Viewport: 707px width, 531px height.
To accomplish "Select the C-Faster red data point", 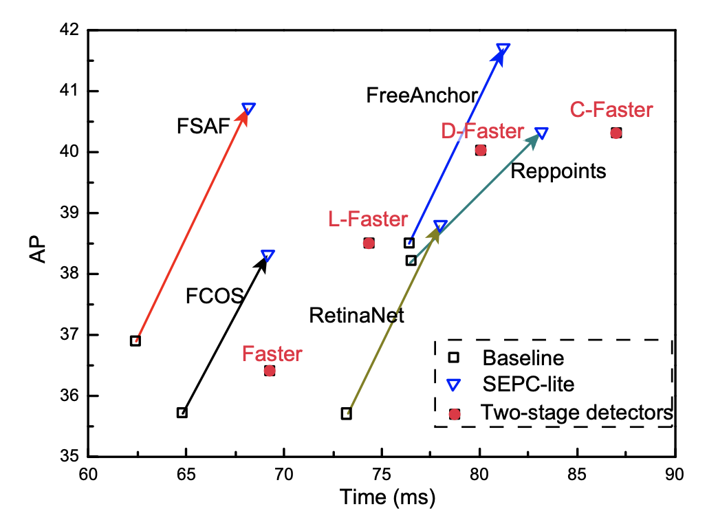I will click(x=616, y=133).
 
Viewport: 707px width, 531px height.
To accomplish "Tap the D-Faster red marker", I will click(x=480, y=150).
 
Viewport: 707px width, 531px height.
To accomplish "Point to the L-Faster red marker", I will click(x=369, y=243).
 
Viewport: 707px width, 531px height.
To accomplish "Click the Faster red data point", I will click(x=270, y=371).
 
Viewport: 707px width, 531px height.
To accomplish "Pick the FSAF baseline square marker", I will click(x=135, y=340).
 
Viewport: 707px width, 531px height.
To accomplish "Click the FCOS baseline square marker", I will click(x=182, y=413).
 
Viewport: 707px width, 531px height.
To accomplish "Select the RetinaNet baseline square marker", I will click(x=347, y=413).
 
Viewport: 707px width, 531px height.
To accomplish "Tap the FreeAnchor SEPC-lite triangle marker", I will click(x=503, y=49).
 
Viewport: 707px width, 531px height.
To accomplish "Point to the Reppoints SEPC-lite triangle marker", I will click(x=541, y=133).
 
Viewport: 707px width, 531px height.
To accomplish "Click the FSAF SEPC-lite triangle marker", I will click(x=249, y=109).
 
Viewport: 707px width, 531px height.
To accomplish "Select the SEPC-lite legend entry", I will click(x=527, y=386).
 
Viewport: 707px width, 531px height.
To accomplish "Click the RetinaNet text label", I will click(x=356, y=316).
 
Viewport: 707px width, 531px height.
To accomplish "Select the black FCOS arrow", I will click(x=225, y=334).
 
